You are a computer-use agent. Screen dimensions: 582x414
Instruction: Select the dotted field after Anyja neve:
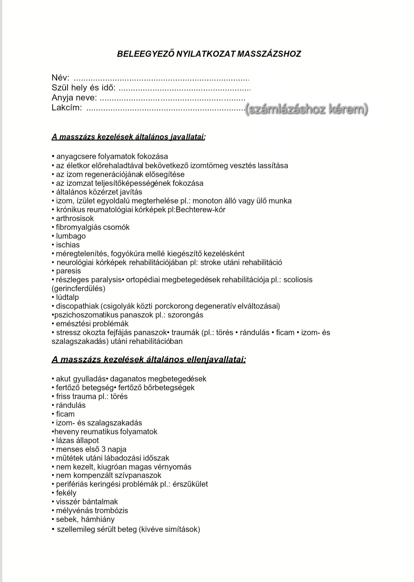tap(172, 98)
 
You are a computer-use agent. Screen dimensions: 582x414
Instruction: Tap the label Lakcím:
tap(67, 108)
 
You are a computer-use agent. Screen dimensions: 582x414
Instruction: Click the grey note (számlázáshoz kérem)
tap(307, 110)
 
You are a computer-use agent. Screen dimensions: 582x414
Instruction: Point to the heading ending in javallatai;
tap(128, 137)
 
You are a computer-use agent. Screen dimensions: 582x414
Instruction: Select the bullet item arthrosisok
tap(75, 218)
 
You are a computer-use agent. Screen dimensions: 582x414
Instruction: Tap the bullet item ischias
tap(68, 245)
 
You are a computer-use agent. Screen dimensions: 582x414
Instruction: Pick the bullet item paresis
tap(69, 271)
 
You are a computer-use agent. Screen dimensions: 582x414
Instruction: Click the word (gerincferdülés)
tap(78, 288)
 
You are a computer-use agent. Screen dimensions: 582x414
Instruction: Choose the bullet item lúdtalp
tap(67, 297)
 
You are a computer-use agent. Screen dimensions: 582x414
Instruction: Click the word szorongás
tap(186, 315)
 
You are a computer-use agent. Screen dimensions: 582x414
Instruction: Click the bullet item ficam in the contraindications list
tap(65, 414)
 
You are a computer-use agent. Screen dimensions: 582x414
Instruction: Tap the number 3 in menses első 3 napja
tap(104, 449)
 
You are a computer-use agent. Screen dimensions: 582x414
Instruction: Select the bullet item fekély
tap(66, 493)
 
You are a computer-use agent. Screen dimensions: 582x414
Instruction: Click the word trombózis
tap(112, 510)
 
